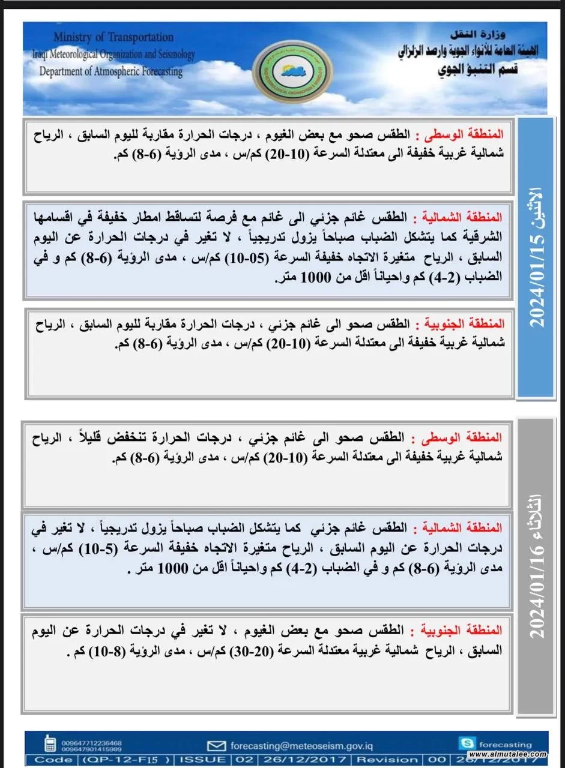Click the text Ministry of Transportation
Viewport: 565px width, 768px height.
113,38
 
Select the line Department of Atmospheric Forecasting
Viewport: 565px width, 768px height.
111,71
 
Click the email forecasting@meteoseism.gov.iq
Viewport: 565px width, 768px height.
301,746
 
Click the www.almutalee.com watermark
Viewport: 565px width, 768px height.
508,754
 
